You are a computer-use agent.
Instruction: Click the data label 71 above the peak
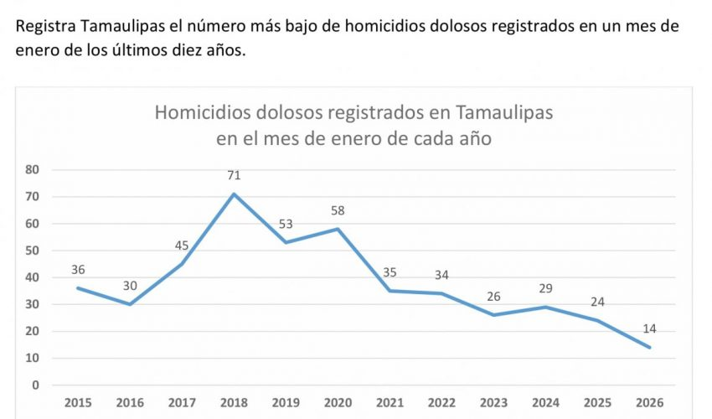tap(234, 176)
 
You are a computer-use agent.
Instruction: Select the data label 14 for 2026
tap(650, 329)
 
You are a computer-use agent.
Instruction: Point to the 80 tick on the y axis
tap(34, 169)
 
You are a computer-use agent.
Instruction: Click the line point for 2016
tap(130, 304)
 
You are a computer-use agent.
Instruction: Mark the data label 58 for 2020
tap(338, 211)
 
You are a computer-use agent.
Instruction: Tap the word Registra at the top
tap(48, 26)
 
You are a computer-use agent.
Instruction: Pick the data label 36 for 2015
tap(78, 270)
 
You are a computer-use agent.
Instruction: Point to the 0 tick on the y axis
tap(36, 385)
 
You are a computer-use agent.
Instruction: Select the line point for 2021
tap(390, 291)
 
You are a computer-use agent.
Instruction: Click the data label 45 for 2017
tap(182, 246)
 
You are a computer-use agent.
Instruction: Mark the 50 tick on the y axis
tap(34, 251)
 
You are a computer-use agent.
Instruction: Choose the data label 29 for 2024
tap(545, 288)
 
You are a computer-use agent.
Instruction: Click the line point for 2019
tap(286, 242)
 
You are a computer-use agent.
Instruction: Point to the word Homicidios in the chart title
tap(202, 112)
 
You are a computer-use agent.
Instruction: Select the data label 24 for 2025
tap(597, 302)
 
